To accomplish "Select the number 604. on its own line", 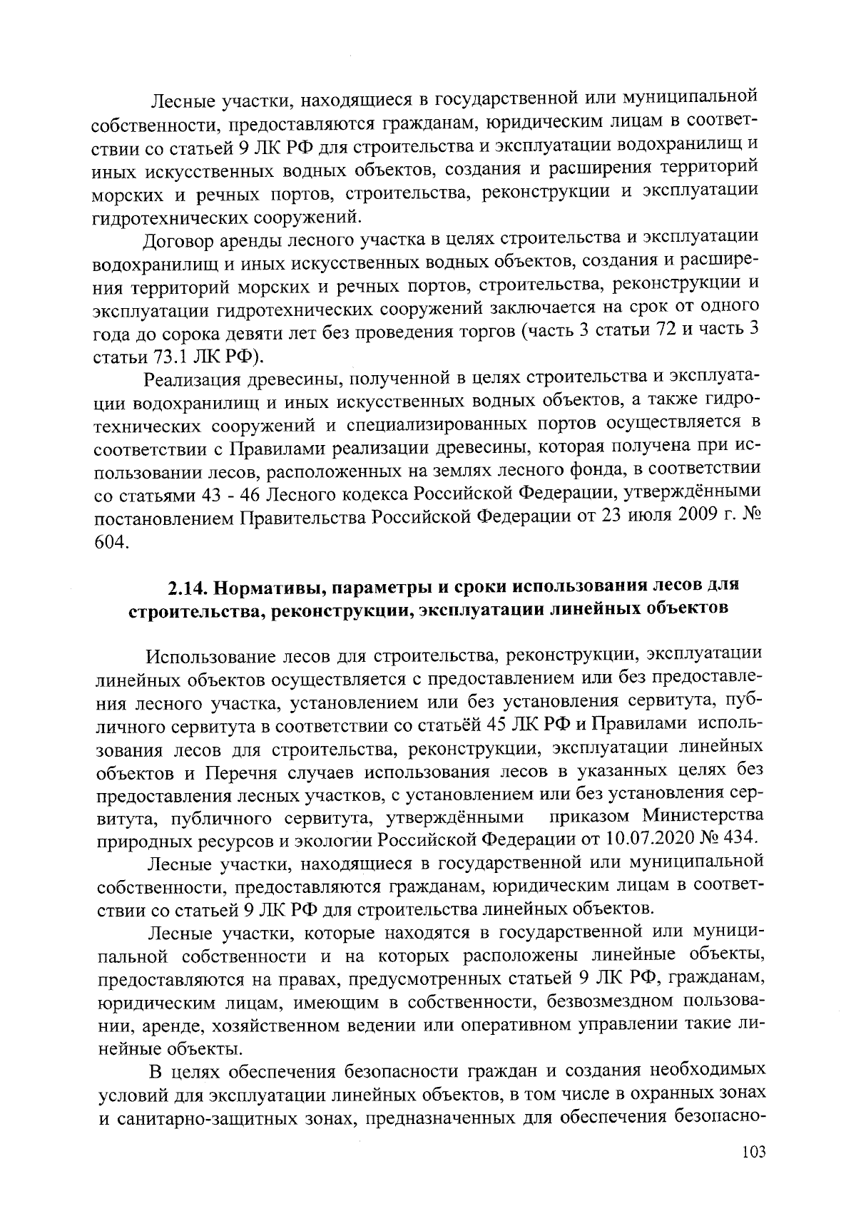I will (112, 543).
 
